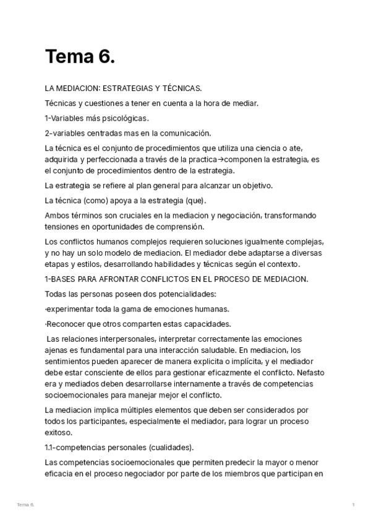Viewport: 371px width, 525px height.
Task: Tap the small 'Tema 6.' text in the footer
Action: tap(25, 505)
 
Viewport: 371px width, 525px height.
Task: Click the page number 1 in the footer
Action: tap(353, 505)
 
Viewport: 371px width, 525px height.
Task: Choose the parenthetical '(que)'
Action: tap(193, 201)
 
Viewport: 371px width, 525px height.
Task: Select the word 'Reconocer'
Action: tap(67, 324)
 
